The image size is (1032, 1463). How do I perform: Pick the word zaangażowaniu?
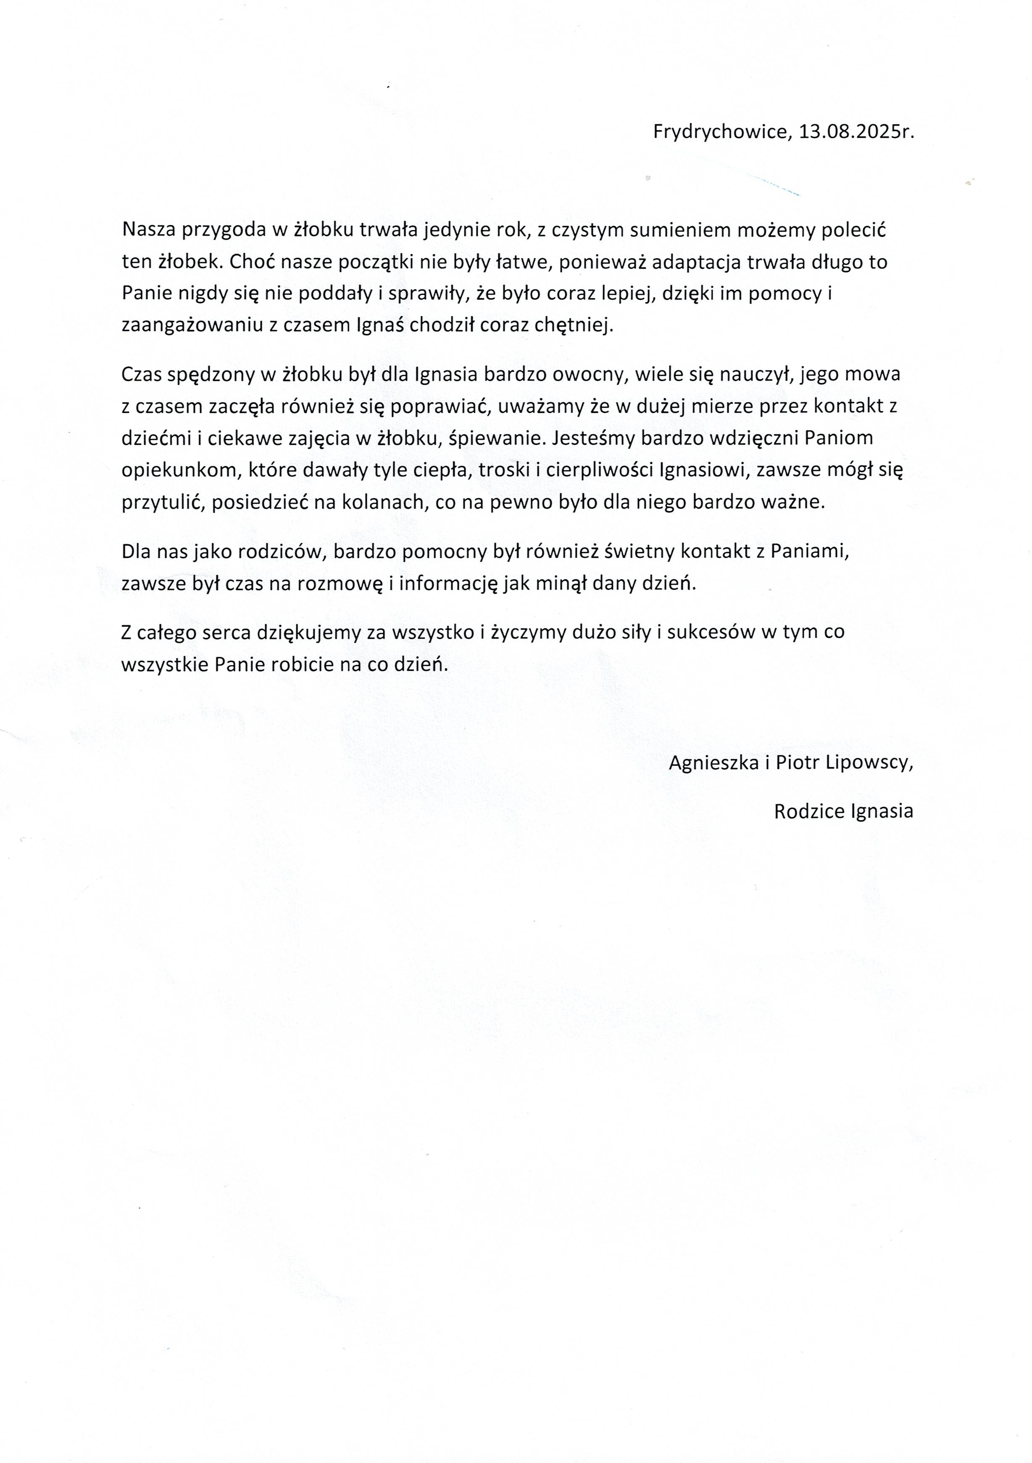tap(192, 325)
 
